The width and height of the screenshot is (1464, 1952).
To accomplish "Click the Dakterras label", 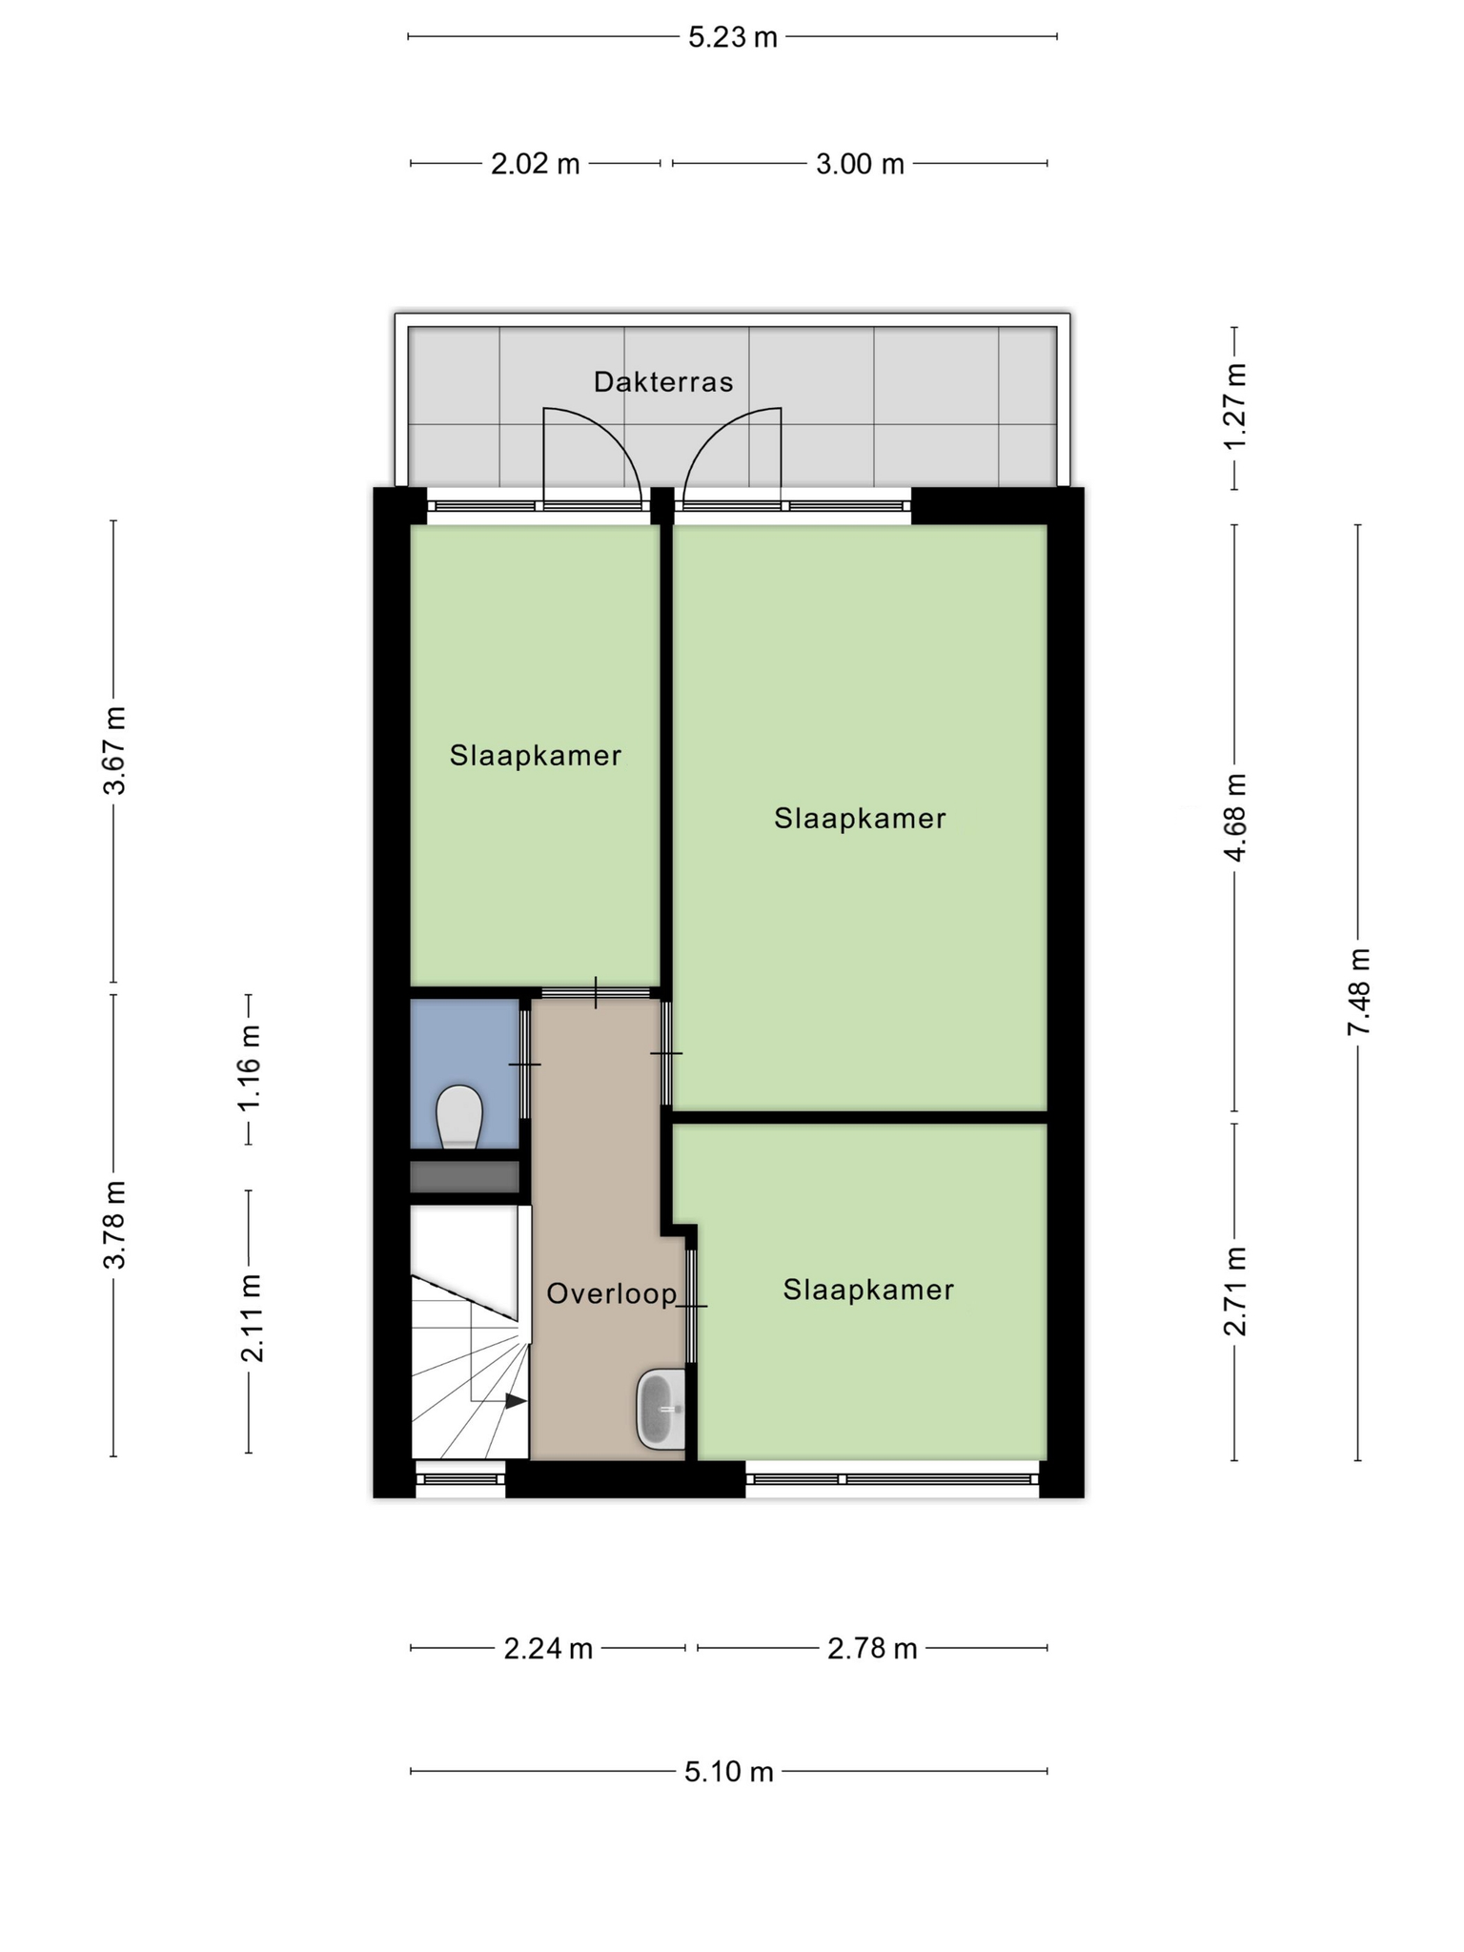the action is [x=663, y=382].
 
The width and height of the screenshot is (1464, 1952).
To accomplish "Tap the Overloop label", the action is [x=612, y=1293].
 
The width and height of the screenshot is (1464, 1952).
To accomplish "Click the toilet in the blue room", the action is [x=459, y=1116].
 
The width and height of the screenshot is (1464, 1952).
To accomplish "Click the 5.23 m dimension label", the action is [x=733, y=37].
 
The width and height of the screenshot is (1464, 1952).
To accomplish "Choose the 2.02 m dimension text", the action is [x=536, y=164].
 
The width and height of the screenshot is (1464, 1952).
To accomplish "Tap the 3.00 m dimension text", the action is [x=860, y=164].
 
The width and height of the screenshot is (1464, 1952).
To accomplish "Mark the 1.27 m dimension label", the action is [x=1235, y=407].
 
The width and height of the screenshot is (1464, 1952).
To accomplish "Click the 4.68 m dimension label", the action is [x=1235, y=817].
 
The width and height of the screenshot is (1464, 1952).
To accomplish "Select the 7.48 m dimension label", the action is [x=1358, y=991].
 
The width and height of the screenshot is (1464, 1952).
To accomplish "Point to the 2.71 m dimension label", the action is [x=1235, y=1291].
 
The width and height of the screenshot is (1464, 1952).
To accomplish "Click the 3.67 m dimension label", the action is [x=114, y=751].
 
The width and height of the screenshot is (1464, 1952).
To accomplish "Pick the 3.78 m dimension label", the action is [x=114, y=1225].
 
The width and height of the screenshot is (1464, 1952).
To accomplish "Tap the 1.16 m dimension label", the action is [x=250, y=1067].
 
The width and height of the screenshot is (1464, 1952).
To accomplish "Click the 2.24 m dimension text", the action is [x=548, y=1648].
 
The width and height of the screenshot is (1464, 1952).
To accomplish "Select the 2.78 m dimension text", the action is [x=872, y=1648].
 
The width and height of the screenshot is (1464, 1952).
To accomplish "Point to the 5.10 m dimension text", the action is [x=729, y=1772].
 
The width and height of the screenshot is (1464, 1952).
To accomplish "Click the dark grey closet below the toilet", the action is [x=464, y=1176].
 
